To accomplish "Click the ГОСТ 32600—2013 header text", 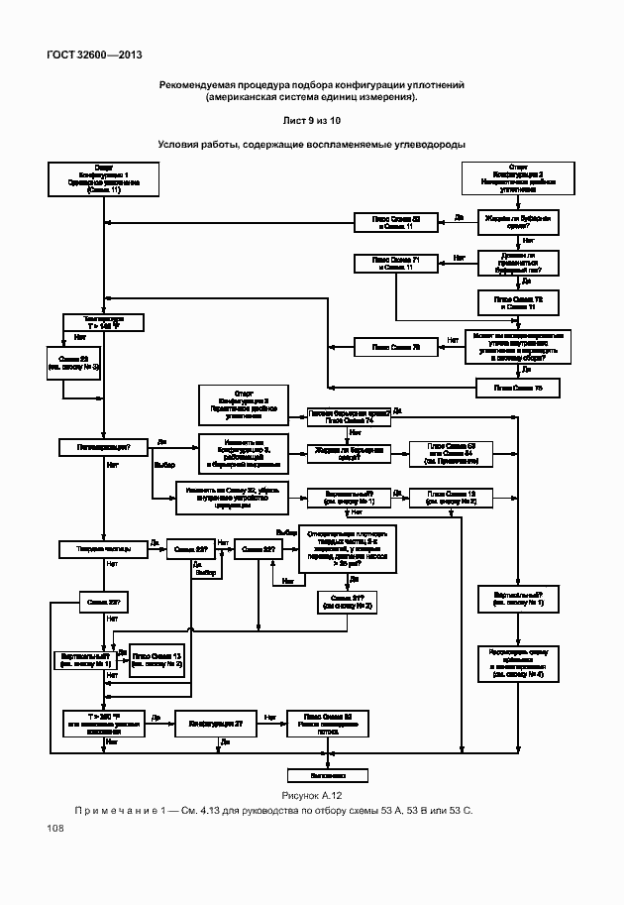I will pos(86,55).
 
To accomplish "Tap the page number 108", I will pos(53,829).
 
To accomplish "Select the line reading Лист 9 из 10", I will pos(311,120).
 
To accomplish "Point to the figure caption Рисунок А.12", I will pos(311,795).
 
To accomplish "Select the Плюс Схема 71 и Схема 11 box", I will pos(395,263).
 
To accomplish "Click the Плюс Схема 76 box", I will pos(395,347).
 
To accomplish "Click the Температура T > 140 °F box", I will pos(103,322).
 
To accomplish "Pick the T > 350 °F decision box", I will pos(103,723).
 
